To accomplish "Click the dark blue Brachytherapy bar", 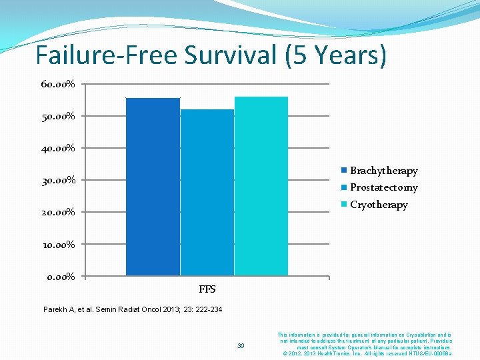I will click(x=153, y=187).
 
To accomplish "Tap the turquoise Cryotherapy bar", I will click(x=261, y=186).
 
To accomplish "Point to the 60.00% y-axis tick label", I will click(x=58, y=84).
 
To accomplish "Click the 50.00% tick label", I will click(x=58, y=116).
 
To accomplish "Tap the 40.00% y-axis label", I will click(x=58, y=148).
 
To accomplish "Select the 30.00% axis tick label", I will click(x=58, y=180).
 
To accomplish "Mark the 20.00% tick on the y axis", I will click(x=58, y=212).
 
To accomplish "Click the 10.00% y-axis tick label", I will click(x=58, y=244).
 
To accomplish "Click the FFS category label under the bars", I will click(x=207, y=289).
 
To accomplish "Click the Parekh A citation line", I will click(x=133, y=309).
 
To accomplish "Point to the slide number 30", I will click(x=241, y=345).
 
